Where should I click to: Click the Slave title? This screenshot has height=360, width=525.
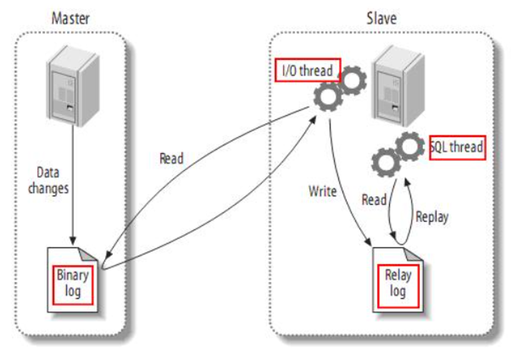(381, 18)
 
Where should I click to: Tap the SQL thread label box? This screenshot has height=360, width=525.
(457, 147)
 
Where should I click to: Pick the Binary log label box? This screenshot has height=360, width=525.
(72, 282)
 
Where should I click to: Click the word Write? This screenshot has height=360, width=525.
(322, 191)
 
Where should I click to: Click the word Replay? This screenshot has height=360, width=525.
(432, 217)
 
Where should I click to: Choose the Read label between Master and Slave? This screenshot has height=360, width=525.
(171, 159)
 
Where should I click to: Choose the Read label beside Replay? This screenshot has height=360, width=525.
(374, 200)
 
